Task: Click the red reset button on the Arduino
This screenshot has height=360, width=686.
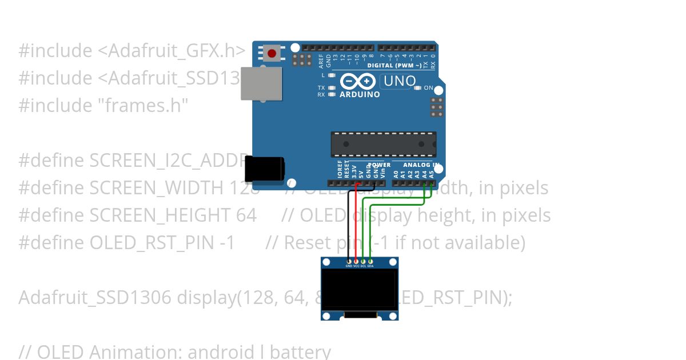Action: coord(272,54)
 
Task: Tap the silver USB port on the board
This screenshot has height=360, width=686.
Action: coord(261,83)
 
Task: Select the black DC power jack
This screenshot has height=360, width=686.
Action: coord(264,170)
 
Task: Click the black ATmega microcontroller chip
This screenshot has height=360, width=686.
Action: coord(383,144)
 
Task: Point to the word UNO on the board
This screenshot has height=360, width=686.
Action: coord(400,81)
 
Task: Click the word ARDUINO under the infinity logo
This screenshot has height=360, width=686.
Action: coord(360,94)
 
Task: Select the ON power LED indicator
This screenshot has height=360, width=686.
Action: coord(418,88)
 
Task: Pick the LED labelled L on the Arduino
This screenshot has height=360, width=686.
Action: coord(332,75)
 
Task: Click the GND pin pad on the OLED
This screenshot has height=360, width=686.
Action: coord(349,261)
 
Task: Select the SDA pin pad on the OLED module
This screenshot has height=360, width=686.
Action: coord(370,261)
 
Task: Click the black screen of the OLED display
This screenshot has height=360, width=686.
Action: coord(360,289)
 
